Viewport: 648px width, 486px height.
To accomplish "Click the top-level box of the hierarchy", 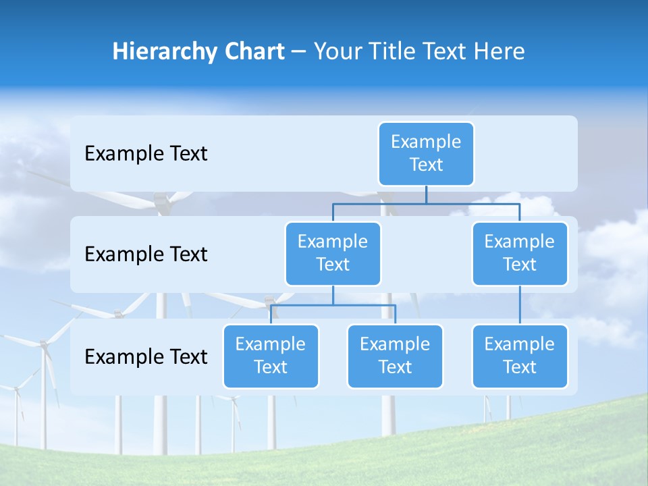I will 426,153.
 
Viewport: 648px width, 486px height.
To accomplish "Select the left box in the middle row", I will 333,253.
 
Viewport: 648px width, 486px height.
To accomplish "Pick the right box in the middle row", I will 520,253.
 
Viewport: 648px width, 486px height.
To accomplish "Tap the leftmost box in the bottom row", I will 271,356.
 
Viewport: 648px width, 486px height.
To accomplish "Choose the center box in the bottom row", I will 395,356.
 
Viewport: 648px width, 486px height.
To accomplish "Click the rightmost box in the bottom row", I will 520,356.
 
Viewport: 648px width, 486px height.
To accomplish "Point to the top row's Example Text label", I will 146,154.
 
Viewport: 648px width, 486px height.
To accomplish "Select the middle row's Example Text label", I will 146,254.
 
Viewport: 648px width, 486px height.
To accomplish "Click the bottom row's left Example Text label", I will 146,356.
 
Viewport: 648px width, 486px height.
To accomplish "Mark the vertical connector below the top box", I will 426,194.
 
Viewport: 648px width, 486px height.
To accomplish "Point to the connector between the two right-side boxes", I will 520,304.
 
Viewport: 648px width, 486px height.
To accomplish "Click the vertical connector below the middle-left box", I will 333,295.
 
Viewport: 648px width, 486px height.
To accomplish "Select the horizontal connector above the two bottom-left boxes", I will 333,305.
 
